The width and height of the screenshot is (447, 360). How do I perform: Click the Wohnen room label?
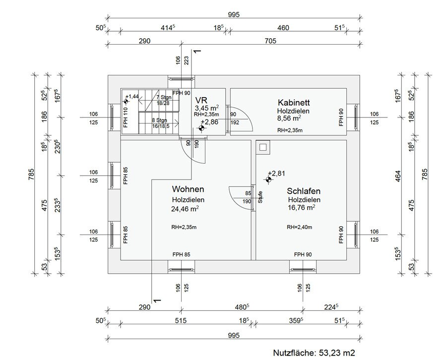coord(188,189)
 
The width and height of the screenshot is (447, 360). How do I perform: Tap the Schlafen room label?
coord(304,191)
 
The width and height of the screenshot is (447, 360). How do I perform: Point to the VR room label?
coord(201,99)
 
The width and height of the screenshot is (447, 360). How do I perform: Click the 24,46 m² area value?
coord(185,209)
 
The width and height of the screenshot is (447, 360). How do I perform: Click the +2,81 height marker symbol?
coord(268,180)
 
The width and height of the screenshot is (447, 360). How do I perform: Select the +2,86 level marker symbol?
coord(201,128)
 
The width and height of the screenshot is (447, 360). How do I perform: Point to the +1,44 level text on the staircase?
coord(133,97)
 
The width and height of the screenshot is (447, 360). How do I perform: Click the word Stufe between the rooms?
coord(259,198)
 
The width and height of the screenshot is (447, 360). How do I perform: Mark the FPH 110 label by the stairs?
coord(125,117)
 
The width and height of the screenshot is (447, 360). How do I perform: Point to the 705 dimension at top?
coord(269,42)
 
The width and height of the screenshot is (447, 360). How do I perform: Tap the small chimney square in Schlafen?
coord(263,147)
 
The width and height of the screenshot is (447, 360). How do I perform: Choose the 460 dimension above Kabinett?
coord(283,28)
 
